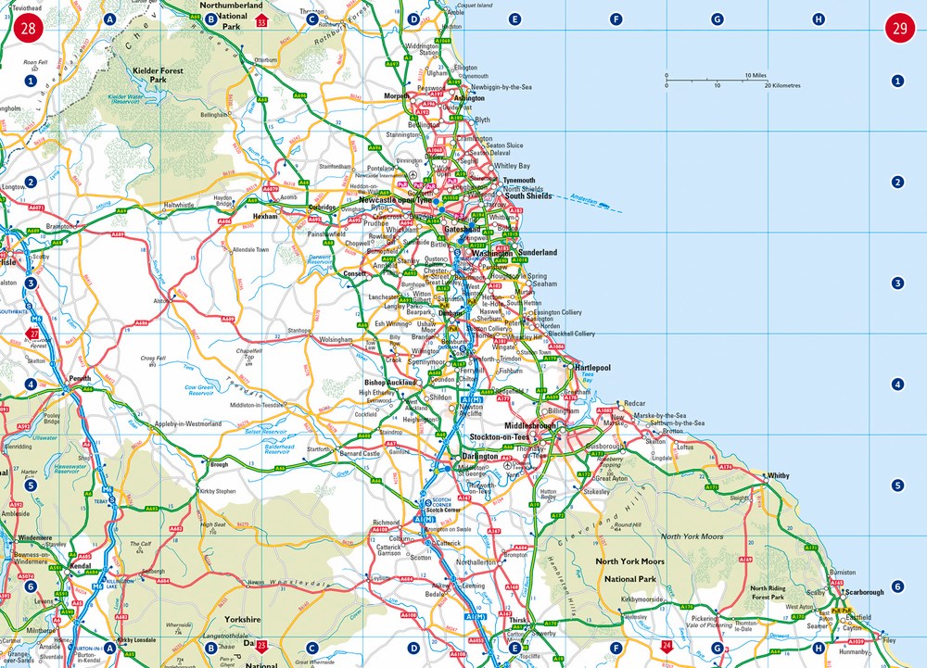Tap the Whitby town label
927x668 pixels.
[x=778, y=475]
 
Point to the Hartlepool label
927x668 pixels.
[x=592, y=368]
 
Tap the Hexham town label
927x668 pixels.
[x=267, y=215]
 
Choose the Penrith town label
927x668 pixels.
[x=80, y=379]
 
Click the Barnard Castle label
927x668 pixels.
[x=360, y=454]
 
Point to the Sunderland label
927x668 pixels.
[x=538, y=252]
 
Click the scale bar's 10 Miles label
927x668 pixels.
[x=754, y=75]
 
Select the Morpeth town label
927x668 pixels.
[x=397, y=95]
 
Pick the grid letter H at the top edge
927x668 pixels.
[x=818, y=19]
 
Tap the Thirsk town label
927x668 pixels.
[x=517, y=621]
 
